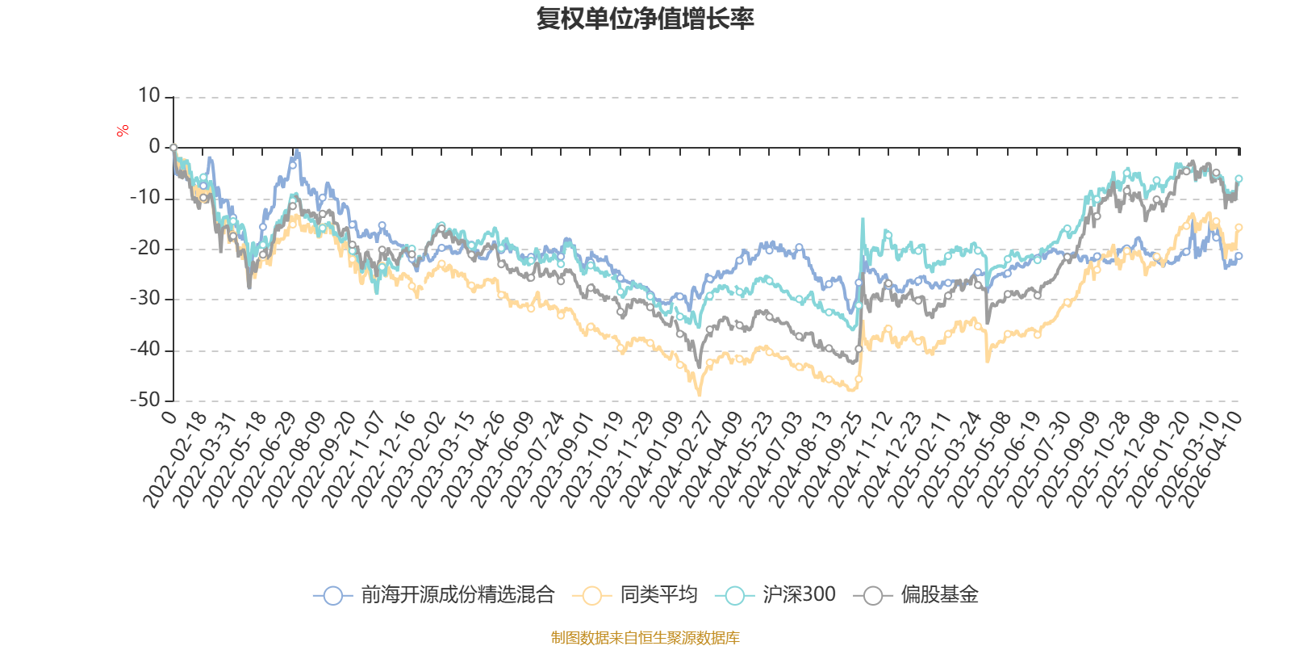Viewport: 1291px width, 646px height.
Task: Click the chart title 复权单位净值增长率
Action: (x=645, y=19)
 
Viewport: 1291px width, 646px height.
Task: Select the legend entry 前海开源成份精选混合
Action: (x=434, y=594)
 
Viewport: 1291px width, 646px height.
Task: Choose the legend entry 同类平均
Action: (x=635, y=594)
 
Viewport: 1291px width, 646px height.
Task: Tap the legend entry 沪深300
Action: (x=775, y=594)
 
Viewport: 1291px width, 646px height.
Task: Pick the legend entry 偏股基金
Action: (x=916, y=594)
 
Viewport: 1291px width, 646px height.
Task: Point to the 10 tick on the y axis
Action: (x=148, y=96)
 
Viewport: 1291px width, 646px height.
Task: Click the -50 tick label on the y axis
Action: (x=145, y=401)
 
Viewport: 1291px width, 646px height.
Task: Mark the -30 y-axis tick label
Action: (x=145, y=299)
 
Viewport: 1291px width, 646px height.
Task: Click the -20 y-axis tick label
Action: (x=145, y=249)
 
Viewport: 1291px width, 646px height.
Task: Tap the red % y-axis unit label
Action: (x=122, y=131)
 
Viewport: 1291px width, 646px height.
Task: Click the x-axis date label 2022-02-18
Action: (x=174, y=460)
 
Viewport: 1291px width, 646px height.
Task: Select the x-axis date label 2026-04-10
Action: (x=1210, y=460)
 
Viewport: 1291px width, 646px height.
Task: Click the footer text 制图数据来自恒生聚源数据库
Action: (x=645, y=637)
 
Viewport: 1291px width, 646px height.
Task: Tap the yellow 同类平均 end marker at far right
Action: (x=1239, y=228)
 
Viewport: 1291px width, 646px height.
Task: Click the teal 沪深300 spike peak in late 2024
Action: (x=863, y=219)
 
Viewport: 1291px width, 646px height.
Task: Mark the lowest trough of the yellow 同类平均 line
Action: (x=699, y=395)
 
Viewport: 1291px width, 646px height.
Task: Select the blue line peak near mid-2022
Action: (x=296, y=151)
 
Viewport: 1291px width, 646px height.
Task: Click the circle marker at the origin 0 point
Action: (x=173, y=148)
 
